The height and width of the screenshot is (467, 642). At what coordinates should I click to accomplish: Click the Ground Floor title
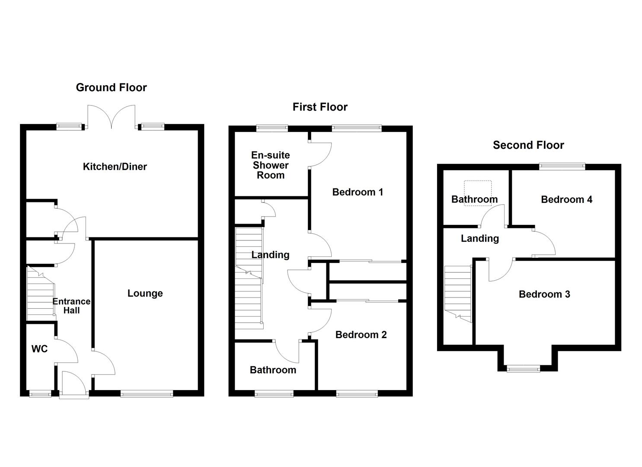(x=111, y=87)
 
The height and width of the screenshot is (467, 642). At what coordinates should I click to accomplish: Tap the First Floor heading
(x=320, y=107)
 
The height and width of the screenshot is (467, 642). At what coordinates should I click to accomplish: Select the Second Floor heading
(x=528, y=145)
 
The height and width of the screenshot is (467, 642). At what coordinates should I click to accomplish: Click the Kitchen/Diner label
(x=115, y=166)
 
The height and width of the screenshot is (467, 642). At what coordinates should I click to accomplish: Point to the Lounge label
(x=145, y=293)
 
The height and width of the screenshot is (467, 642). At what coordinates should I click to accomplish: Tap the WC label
(x=39, y=349)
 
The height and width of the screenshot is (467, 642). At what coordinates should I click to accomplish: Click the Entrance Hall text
(x=72, y=306)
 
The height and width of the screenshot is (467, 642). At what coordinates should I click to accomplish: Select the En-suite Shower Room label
(x=271, y=165)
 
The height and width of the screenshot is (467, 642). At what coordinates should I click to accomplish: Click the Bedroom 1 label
(x=358, y=192)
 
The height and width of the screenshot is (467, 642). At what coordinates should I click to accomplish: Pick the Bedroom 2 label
(x=361, y=334)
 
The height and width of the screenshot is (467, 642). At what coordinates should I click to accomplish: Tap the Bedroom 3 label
(x=544, y=294)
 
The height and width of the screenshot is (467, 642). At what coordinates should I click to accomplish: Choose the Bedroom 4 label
(x=566, y=199)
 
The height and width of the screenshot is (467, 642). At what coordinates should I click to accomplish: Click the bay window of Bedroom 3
(x=524, y=368)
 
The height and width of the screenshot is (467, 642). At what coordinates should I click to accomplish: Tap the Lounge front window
(x=147, y=393)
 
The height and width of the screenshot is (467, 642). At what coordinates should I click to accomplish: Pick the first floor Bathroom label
(x=273, y=370)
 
